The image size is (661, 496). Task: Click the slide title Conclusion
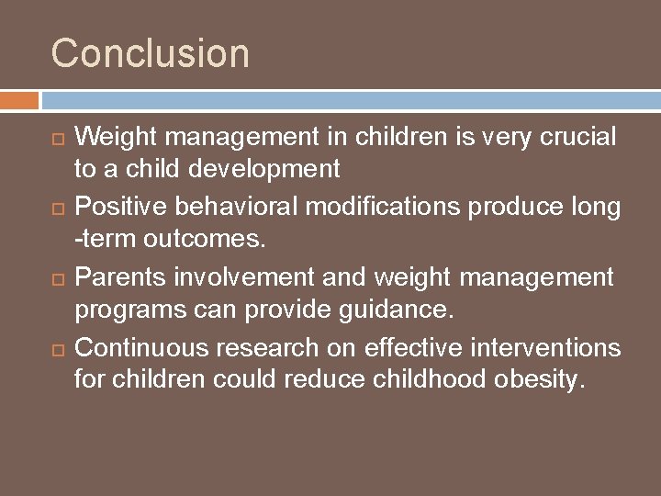click(x=150, y=52)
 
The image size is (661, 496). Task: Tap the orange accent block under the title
click(x=19, y=100)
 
